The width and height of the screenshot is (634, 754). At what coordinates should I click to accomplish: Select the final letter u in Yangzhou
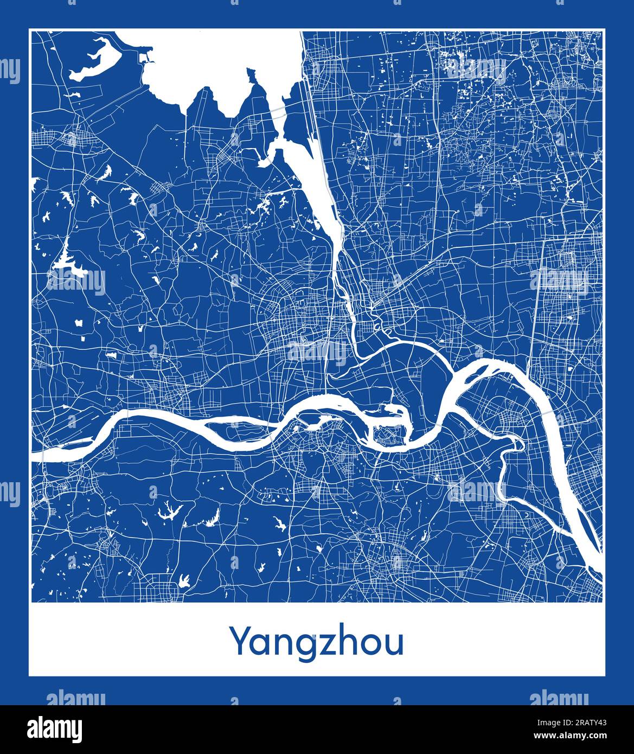395,644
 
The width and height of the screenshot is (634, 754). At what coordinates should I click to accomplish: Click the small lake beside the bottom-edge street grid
184,582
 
